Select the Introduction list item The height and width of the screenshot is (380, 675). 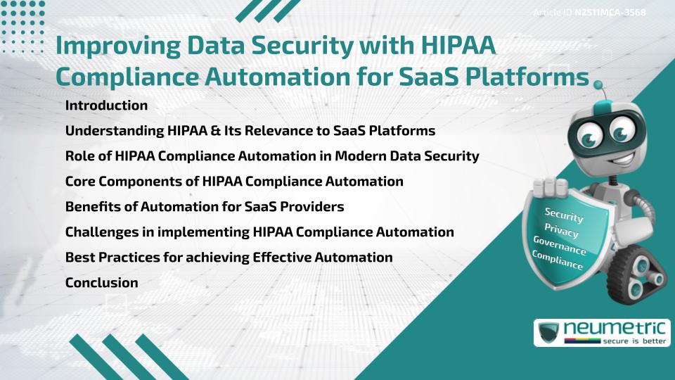point(106,106)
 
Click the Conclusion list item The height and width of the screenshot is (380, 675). point(101,282)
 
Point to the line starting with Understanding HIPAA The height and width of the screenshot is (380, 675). point(250,131)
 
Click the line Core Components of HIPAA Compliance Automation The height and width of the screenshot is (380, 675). point(234,182)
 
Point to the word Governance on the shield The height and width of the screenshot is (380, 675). point(560,246)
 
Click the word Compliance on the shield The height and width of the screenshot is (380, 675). point(558,261)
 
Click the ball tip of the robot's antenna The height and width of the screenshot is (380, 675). point(598,86)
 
